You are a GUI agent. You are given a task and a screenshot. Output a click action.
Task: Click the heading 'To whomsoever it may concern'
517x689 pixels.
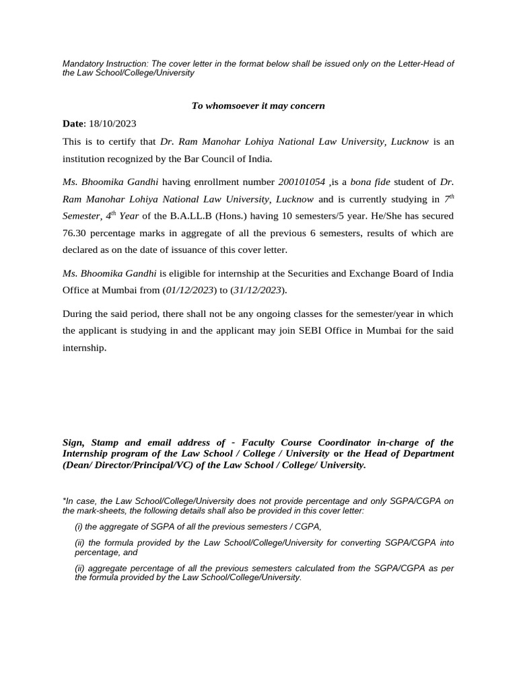pos(258,106)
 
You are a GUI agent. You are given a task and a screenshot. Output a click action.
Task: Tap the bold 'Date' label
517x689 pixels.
pos(73,124)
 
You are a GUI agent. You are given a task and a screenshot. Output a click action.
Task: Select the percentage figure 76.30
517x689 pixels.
pos(75,233)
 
